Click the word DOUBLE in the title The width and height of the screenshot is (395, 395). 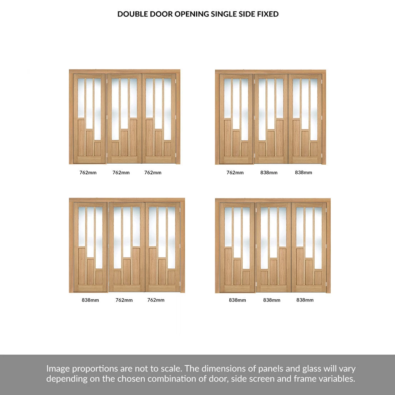pyautogui.click(x=132, y=14)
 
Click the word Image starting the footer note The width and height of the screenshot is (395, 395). pyautogui.click(x=58, y=369)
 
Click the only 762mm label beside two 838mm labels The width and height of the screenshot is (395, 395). pyautogui.click(x=235, y=172)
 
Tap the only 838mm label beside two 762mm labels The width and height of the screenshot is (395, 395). pyautogui.click(x=90, y=300)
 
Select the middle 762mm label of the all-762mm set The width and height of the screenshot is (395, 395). pyautogui.click(x=121, y=172)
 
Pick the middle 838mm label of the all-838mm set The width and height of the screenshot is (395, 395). pyautogui.click(x=271, y=300)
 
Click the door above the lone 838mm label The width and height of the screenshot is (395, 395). pyautogui.click(x=90, y=247)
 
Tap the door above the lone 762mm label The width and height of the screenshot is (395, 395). pyautogui.click(x=236, y=119)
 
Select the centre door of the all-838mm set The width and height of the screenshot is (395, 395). pyautogui.click(x=273, y=247)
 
